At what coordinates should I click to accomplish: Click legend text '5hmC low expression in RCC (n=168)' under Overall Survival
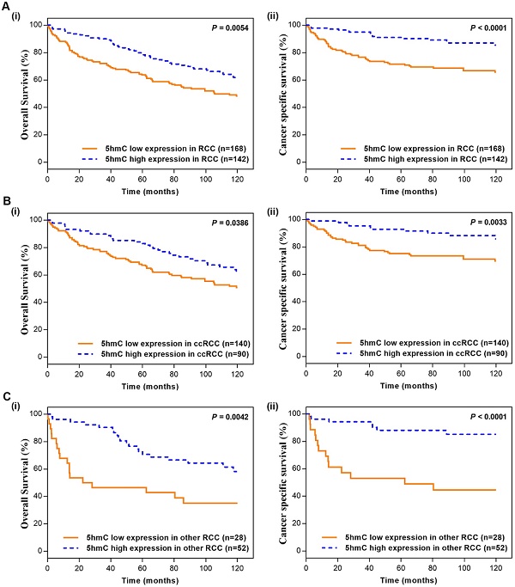click(x=162, y=147)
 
